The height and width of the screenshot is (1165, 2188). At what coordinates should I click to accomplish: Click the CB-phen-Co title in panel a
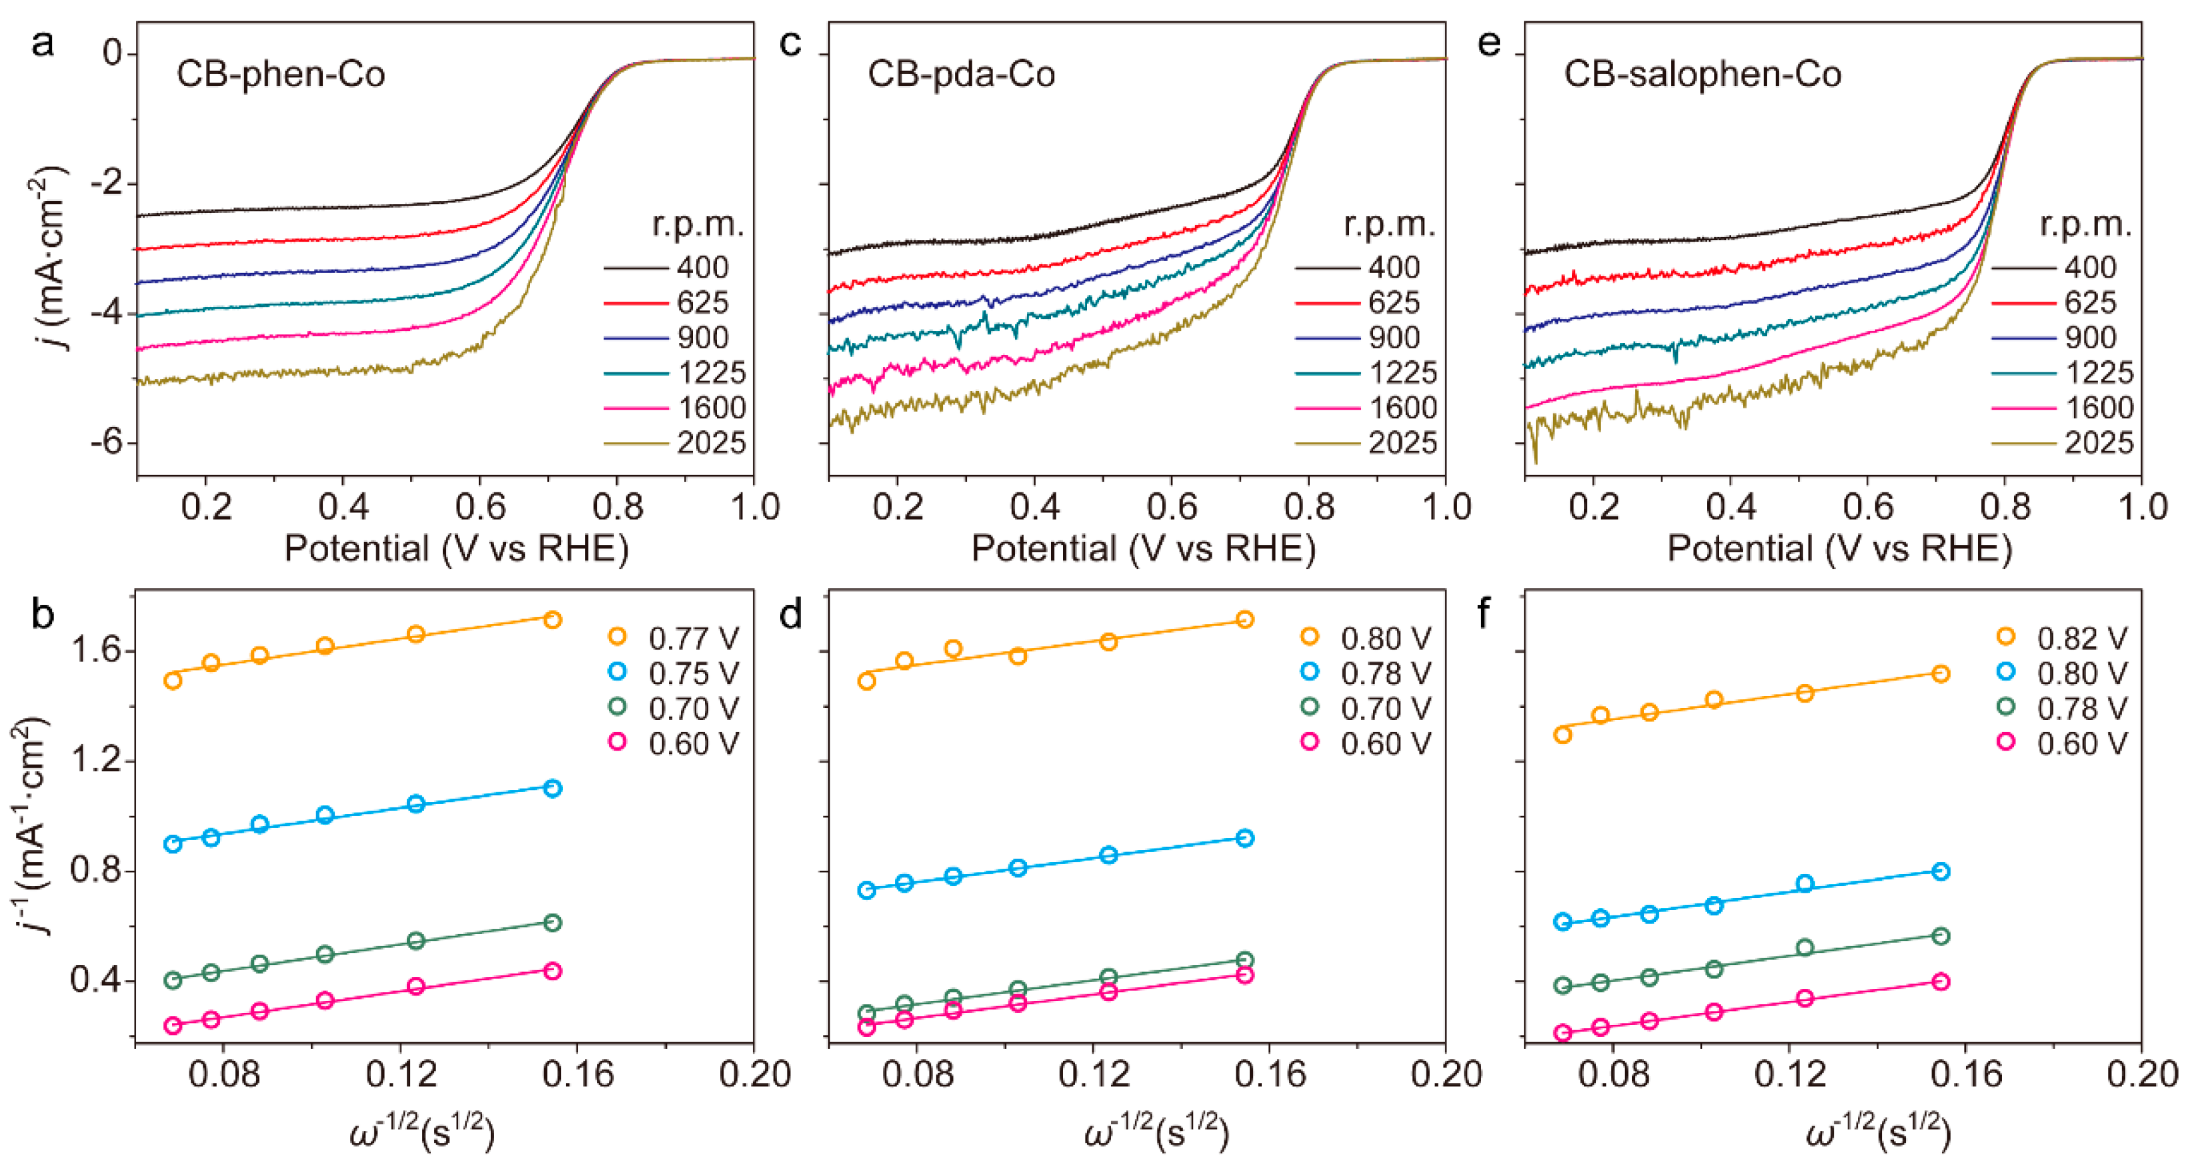(x=280, y=74)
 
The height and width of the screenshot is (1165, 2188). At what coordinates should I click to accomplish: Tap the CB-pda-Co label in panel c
(x=961, y=74)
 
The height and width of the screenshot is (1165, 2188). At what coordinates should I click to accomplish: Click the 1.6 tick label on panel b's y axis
(x=97, y=652)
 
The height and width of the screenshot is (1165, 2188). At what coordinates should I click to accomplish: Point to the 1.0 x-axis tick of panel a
(x=754, y=507)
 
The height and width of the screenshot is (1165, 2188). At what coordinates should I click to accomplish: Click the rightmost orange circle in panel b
(x=552, y=619)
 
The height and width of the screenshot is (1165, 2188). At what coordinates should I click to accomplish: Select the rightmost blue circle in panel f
(x=1940, y=872)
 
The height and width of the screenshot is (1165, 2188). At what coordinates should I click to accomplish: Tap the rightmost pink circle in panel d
(x=1244, y=975)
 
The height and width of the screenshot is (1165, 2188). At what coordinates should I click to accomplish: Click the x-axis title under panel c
(x=1142, y=549)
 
